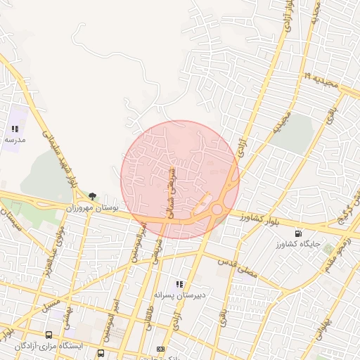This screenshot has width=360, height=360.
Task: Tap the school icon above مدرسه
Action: (x=15, y=129)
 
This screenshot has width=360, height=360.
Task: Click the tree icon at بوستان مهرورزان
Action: (x=93, y=196)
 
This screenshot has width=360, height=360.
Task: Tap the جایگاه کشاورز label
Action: (x=301, y=245)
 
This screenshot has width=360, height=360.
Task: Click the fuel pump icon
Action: (x=300, y=233)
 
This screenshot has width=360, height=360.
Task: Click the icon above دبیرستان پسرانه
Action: (x=180, y=284)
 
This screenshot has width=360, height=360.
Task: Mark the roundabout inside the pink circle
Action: (x=217, y=209)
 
